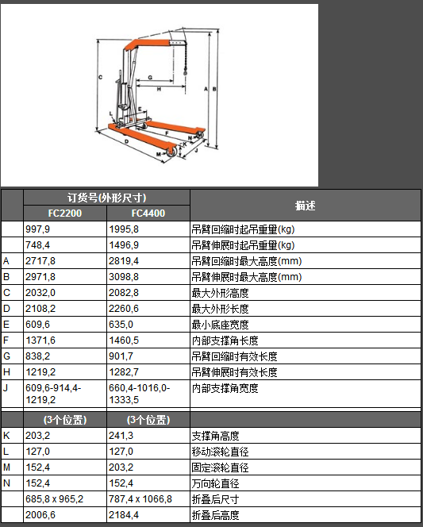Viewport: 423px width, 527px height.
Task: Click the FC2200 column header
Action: [65, 213]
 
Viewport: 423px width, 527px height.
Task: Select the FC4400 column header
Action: [148, 213]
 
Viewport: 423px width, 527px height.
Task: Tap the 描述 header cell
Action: [305, 206]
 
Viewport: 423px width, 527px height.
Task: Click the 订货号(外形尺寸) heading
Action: [106, 198]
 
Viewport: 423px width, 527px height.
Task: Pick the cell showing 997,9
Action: [37, 229]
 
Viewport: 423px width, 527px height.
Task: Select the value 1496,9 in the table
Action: [124, 245]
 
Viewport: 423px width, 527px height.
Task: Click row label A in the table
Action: [6, 261]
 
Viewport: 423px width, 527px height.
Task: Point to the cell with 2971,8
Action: [40, 277]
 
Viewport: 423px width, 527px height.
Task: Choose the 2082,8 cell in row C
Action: [124, 293]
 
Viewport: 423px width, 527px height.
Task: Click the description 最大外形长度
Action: [220, 309]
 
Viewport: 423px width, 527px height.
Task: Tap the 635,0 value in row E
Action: [121, 325]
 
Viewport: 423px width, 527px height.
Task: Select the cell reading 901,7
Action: [121, 356]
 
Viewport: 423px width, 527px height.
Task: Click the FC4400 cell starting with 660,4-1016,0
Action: [140, 394]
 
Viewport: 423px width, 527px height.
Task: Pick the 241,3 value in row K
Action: [121, 436]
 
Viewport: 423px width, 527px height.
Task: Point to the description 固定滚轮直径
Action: [220, 467]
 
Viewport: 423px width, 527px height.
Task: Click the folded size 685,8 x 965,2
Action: [55, 499]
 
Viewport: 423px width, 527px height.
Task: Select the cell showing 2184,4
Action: [124, 515]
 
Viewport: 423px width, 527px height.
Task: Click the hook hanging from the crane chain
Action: [185, 71]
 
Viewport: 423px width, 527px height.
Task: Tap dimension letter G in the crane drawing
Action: [150, 77]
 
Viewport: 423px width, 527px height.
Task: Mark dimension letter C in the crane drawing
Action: [100, 77]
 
